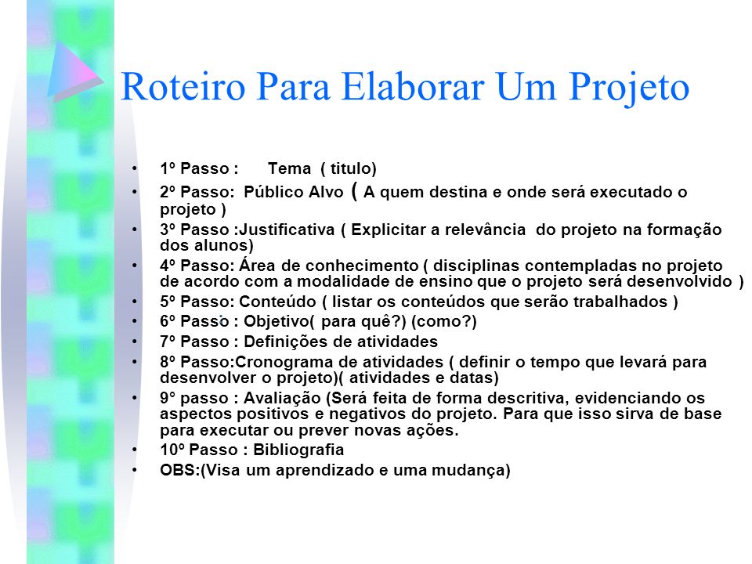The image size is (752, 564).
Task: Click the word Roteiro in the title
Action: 183,86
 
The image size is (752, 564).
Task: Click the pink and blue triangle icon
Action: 76,71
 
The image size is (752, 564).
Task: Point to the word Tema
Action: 289,168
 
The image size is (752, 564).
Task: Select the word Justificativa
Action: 287,230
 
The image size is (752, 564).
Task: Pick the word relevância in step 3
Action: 484,230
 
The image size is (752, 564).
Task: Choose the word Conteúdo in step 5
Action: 277,301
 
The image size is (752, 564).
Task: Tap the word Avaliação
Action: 282,398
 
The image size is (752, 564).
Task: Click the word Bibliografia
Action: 298,450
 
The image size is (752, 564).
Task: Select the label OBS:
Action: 180,469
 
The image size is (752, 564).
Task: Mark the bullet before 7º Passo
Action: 135,341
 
